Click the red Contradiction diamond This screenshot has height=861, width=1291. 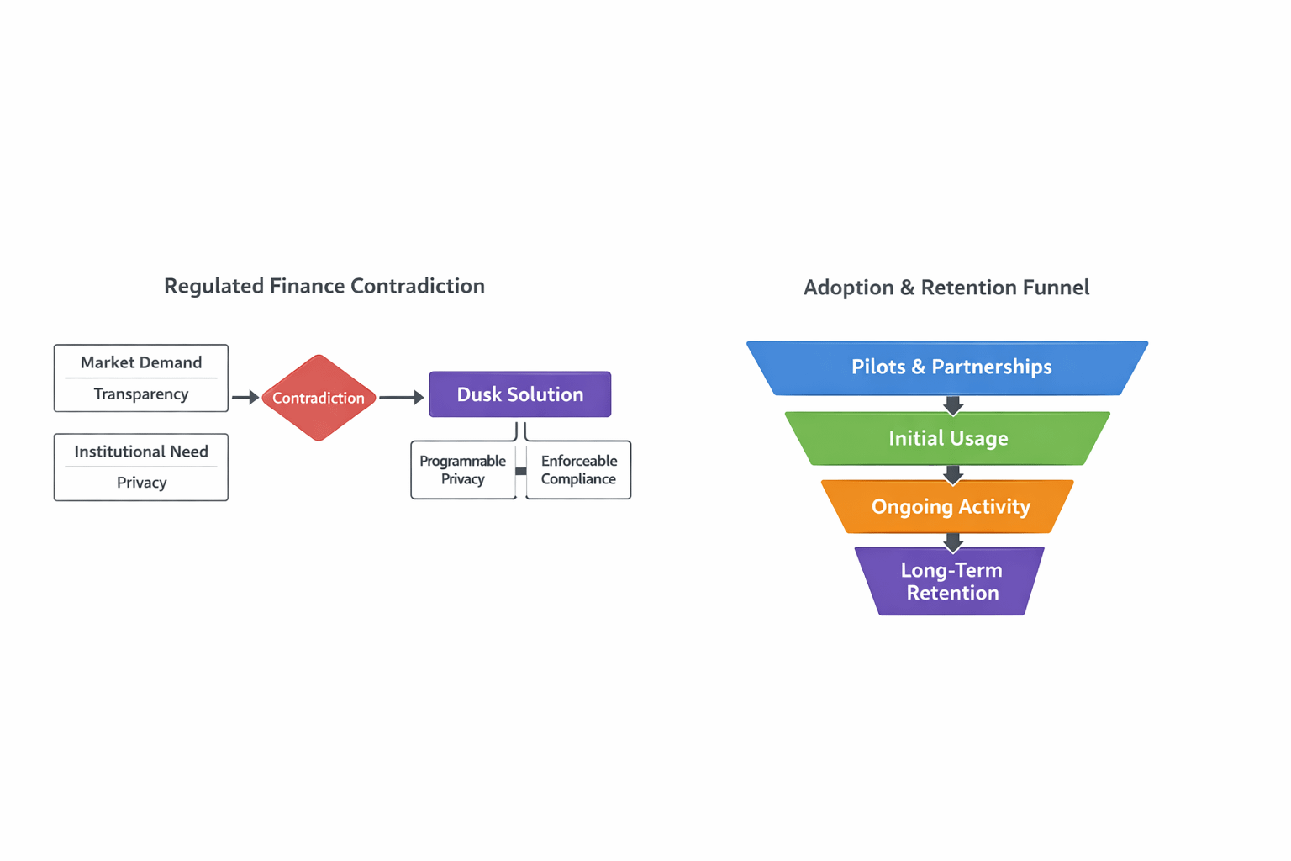[x=319, y=398]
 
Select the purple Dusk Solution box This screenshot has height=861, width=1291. [x=519, y=394]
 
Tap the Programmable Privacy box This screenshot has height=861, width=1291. [x=462, y=470]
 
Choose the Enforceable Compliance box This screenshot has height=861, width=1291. [x=579, y=470]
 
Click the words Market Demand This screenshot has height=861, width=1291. [x=141, y=362]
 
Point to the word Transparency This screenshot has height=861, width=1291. [x=141, y=394]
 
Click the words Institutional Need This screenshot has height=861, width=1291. [x=141, y=452]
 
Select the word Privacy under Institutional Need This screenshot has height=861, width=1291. [x=141, y=483]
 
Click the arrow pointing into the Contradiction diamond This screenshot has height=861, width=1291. [x=245, y=397]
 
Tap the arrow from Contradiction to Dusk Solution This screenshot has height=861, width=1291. [x=402, y=397]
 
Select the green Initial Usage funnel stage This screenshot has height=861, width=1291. [x=948, y=438]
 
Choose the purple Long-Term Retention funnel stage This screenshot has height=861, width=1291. [x=951, y=581]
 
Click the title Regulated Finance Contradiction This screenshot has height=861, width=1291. [x=324, y=286]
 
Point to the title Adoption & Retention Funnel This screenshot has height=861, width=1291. [x=946, y=288]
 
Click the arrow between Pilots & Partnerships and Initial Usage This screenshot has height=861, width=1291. [x=952, y=405]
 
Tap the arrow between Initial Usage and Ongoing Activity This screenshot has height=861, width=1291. [x=952, y=475]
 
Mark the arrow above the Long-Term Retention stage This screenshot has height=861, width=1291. [x=952, y=542]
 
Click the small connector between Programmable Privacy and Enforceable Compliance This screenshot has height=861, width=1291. [x=521, y=471]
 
